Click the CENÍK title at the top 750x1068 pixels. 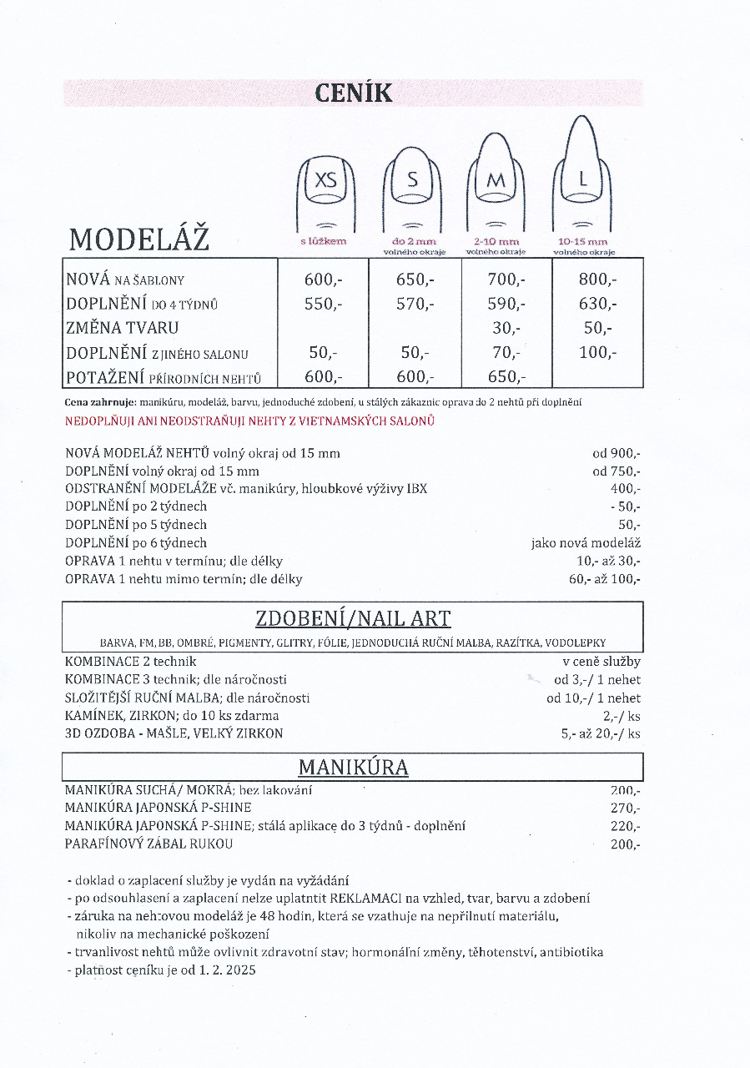coord(354,92)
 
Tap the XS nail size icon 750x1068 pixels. coord(326,181)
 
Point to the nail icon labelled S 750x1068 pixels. coord(412,181)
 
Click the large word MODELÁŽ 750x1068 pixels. coord(139,239)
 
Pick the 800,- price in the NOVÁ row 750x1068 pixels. coord(597,280)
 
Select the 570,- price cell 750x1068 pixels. coord(415,304)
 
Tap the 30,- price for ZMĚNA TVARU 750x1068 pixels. coord(506,328)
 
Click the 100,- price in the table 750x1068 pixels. coord(597,352)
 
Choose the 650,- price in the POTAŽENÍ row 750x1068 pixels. coord(506,376)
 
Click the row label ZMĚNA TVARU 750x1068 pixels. coord(123,328)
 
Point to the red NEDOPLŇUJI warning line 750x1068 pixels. coord(249,421)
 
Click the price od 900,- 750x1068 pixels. coord(617,454)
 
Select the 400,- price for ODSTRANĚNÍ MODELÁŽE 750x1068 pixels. coord(626,489)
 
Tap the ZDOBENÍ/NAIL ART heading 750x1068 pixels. coord(353,618)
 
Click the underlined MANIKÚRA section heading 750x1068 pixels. coord(353,767)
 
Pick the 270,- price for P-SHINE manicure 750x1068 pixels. coord(626,808)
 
